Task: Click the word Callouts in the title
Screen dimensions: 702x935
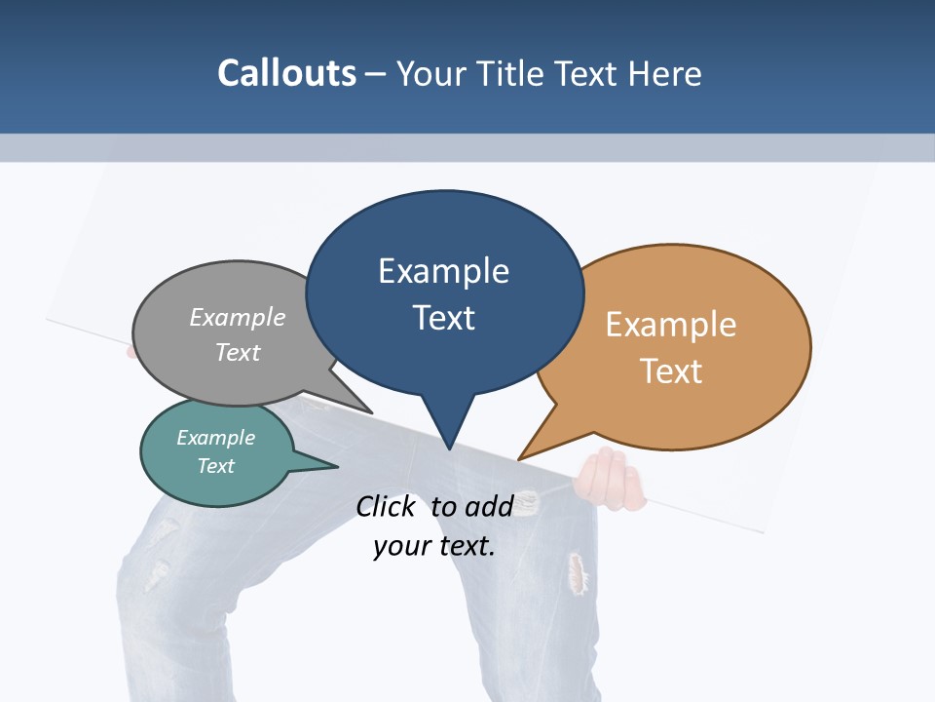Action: tap(287, 73)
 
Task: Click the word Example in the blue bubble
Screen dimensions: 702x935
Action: tap(443, 270)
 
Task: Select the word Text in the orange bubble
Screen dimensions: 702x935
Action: tap(671, 371)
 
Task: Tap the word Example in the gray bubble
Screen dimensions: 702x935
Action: tap(238, 317)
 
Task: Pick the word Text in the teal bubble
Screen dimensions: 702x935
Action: tap(216, 466)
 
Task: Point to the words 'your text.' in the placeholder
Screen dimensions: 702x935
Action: tap(434, 546)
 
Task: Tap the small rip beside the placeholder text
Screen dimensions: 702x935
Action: tap(527, 503)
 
